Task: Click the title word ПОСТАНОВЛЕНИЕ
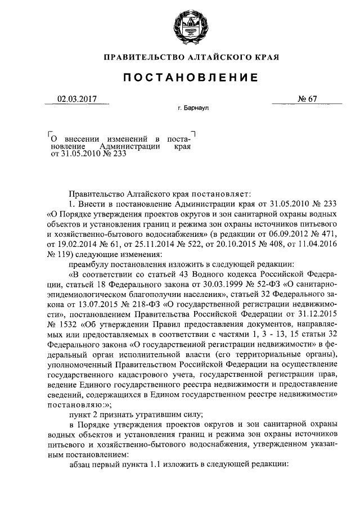(180, 77)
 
